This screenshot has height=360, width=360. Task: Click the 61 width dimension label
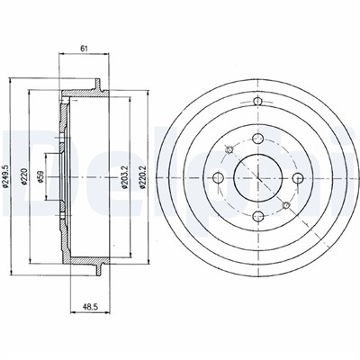pos(84,49)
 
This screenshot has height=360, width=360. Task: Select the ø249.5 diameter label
pos(4,176)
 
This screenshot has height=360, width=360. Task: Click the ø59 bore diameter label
pos(40,176)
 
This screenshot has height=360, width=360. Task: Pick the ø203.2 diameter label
pos(125,177)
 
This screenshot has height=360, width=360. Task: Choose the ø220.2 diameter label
pos(142,177)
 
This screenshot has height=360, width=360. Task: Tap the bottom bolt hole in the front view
pos(257,216)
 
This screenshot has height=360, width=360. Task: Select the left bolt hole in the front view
pos(218,177)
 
